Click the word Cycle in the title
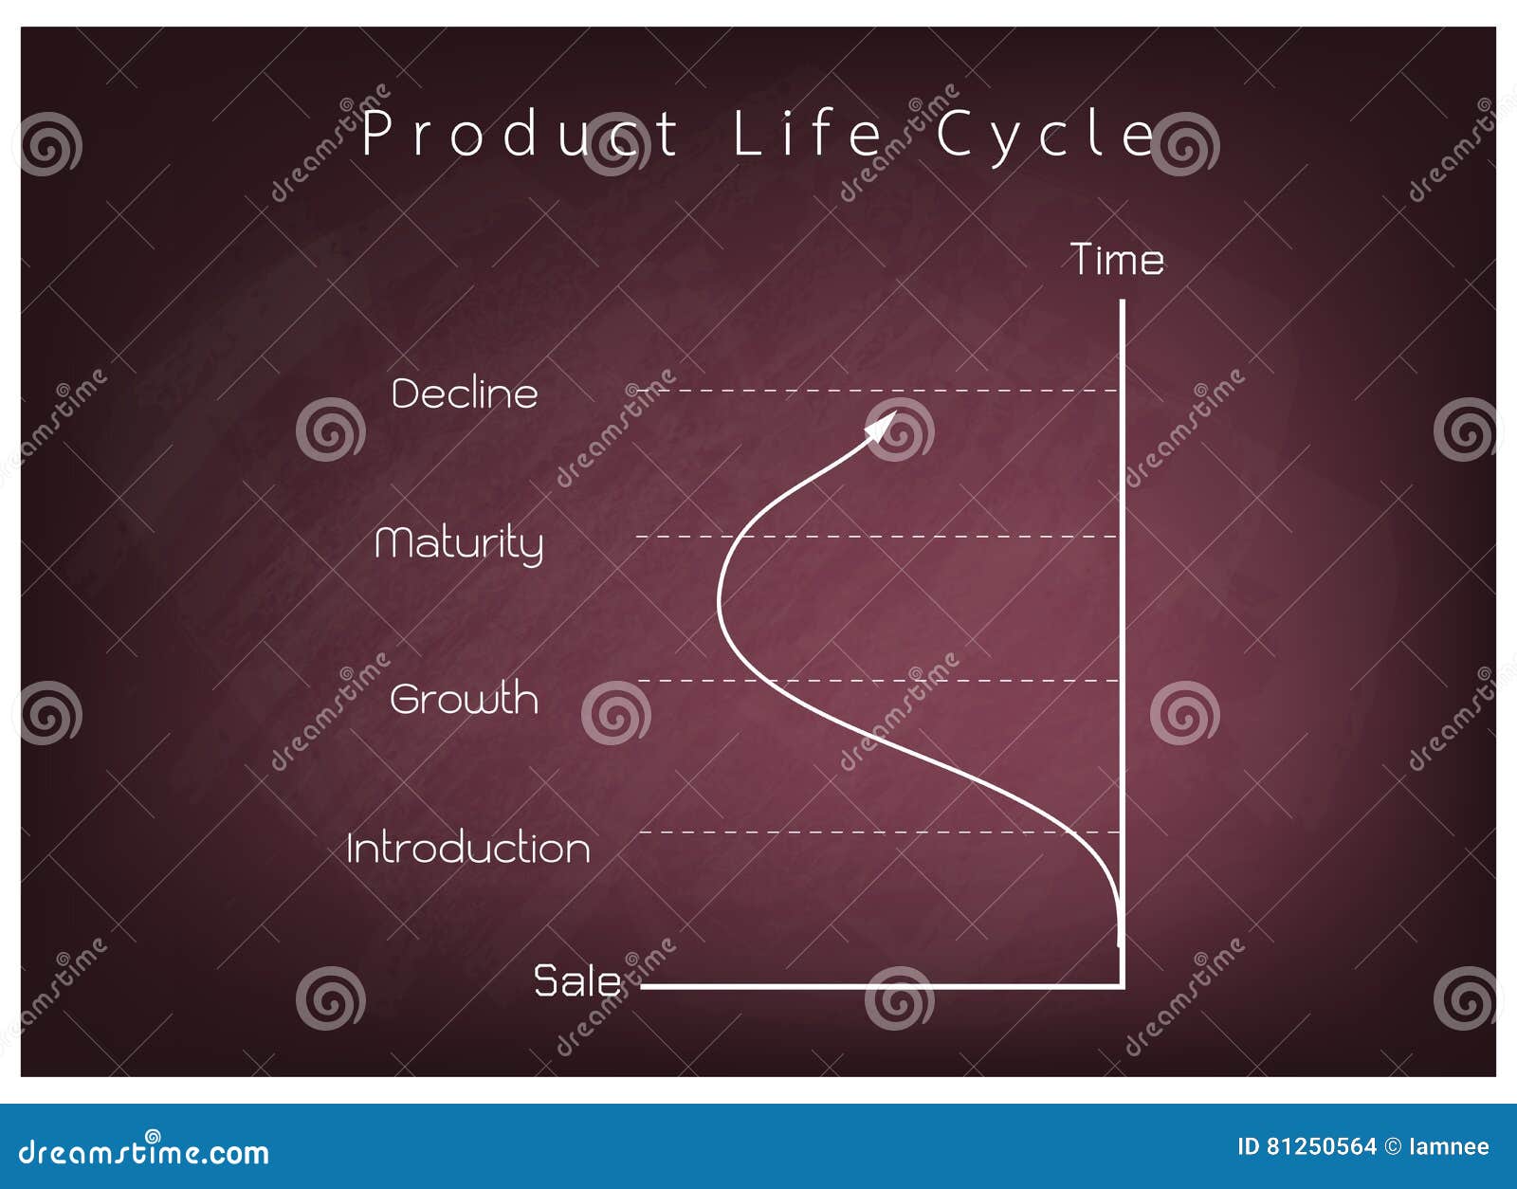[x=1045, y=137]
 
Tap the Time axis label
[x=1117, y=260]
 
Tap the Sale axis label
[x=576, y=981]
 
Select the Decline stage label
[x=465, y=393]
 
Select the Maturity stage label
[x=459, y=544]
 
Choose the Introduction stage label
[x=467, y=848]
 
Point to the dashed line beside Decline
[x=878, y=391]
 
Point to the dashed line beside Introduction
[x=880, y=832]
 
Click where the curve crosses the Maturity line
[x=736, y=537]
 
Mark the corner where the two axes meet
[x=1123, y=986]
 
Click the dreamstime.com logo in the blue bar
[x=143, y=1153]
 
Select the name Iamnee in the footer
[x=1450, y=1147]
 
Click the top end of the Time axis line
[x=1123, y=301]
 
